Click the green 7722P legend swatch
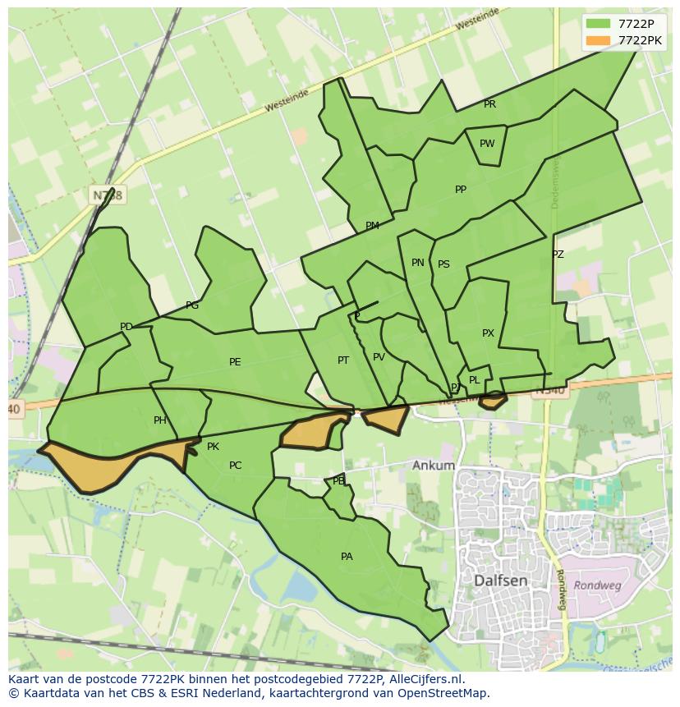coord(598,23)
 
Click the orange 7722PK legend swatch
coord(598,39)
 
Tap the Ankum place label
coord(434,466)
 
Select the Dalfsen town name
coord(501,581)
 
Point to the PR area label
coord(489,104)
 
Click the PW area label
coord(487,144)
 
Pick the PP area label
coord(461,190)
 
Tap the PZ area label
coord(558,255)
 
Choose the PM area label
coord(372,226)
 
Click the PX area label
coord(488,333)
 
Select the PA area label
coord(347,557)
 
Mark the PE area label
coord(235,362)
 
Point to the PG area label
coord(192,305)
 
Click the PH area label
coord(160,420)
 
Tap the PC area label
coord(235,466)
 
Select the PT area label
coord(343,360)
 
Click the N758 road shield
coord(107,195)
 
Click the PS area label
coord(443,264)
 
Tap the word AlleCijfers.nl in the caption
coord(425,679)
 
